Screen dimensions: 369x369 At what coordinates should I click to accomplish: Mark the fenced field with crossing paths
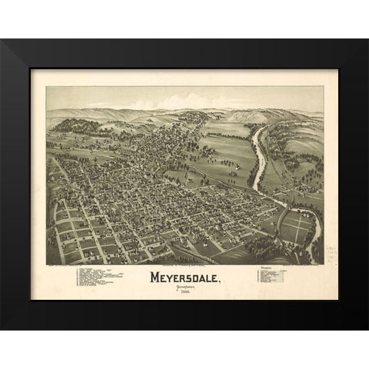pos(298,228)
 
